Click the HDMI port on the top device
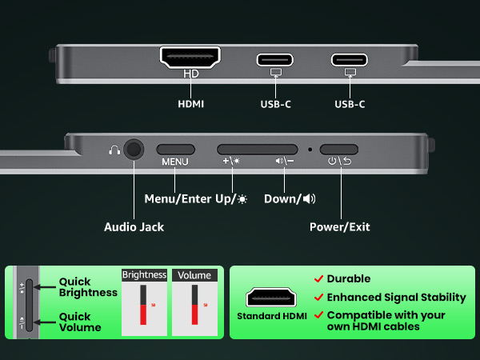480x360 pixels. click(x=190, y=58)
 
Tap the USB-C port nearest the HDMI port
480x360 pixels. click(x=275, y=60)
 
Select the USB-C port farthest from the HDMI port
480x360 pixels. click(x=350, y=60)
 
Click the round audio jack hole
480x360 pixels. click(x=134, y=150)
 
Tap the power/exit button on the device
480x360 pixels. click(x=339, y=150)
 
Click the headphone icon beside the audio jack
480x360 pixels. click(x=114, y=150)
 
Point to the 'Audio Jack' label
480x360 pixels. click(x=134, y=227)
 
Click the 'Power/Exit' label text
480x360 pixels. click(x=340, y=227)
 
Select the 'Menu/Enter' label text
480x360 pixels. click(x=178, y=199)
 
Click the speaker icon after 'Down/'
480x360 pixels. click(x=309, y=199)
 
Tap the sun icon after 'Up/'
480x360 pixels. click(x=242, y=199)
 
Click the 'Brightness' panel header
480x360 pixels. click(x=144, y=275)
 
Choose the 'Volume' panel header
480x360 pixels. click(x=194, y=275)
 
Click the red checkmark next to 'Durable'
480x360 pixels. click(x=318, y=278)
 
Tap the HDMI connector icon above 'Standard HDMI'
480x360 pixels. click(x=271, y=297)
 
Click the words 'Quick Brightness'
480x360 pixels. click(x=88, y=287)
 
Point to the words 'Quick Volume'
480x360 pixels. click(x=80, y=322)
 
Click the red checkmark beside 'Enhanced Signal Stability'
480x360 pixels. click(x=318, y=298)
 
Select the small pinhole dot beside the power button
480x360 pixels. click(x=310, y=150)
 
